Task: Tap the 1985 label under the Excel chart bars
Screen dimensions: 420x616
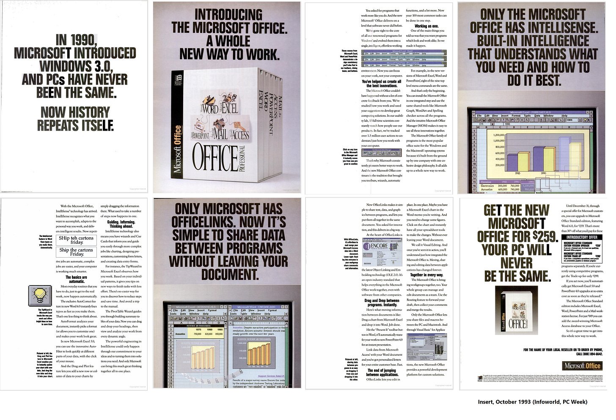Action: click(x=517, y=173)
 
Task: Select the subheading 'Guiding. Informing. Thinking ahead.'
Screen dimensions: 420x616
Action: click(x=121, y=224)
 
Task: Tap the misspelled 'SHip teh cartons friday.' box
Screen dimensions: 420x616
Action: click(x=77, y=240)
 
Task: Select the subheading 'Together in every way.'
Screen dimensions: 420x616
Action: click(x=426, y=275)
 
